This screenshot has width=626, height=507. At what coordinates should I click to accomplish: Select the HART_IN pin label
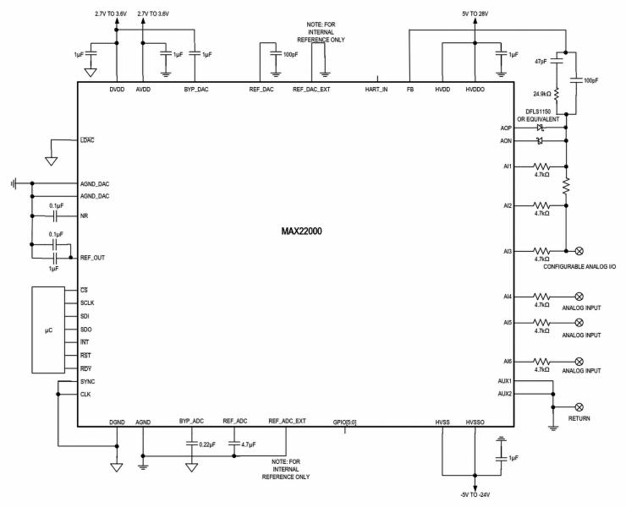(x=376, y=89)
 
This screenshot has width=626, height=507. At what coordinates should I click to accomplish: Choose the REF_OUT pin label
(x=93, y=257)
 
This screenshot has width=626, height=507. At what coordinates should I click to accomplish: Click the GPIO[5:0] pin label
(x=344, y=421)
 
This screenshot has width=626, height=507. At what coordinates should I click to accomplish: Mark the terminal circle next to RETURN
(x=579, y=406)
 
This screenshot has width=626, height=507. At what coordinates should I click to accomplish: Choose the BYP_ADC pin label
(x=192, y=421)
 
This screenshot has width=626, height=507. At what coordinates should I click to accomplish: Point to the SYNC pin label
(x=89, y=382)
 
